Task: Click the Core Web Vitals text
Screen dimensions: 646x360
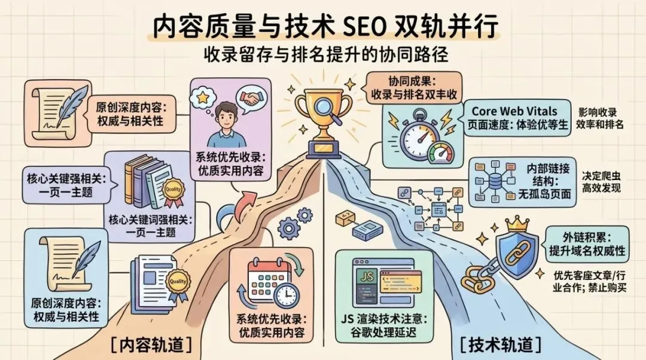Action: [x=514, y=111]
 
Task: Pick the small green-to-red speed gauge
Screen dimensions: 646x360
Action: [x=441, y=153]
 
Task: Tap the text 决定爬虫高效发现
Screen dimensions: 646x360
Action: [x=601, y=182]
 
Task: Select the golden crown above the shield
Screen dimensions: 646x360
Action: [x=516, y=224]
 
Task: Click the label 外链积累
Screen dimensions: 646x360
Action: [x=587, y=237]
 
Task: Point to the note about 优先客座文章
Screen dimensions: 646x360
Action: [x=589, y=281]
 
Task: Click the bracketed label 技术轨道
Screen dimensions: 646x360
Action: [x=501, y=345]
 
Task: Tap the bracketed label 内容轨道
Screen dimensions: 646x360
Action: [x=151, y=345]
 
